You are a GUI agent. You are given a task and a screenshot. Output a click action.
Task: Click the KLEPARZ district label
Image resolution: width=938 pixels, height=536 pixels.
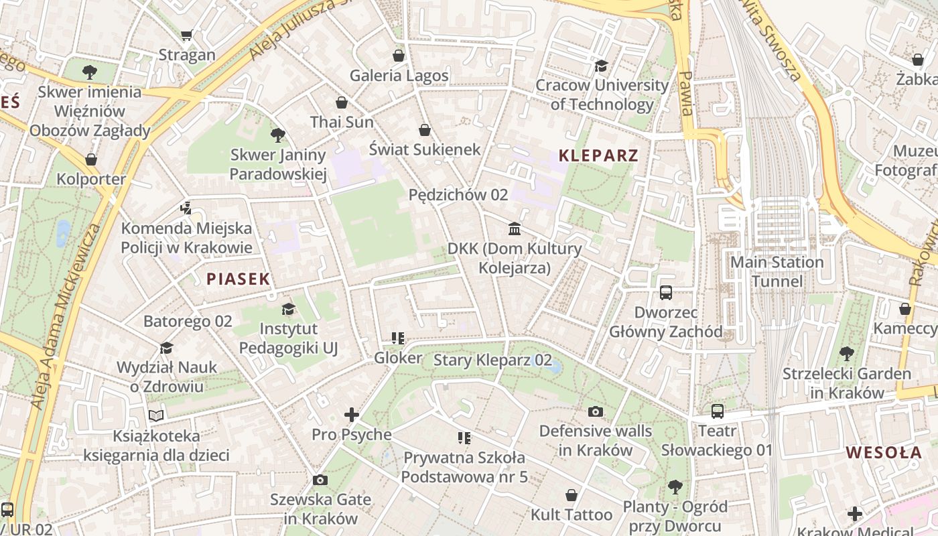tap(598, 156)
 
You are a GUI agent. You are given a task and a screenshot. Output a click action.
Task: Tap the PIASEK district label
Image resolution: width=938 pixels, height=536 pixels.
tap(238, 279)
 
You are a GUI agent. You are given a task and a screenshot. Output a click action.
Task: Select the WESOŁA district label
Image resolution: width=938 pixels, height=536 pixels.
tap(884, 452)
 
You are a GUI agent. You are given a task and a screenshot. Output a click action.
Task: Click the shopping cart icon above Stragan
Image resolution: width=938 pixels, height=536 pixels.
tap(187, 35)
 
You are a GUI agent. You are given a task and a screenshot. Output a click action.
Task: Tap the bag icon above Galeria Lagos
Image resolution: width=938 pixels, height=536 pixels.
tap(399, 56)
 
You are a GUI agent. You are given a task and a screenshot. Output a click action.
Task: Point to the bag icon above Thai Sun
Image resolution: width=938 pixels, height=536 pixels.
tap(342, 103)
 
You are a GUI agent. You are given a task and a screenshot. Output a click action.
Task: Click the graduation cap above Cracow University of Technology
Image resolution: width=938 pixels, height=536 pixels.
tap(601, 66)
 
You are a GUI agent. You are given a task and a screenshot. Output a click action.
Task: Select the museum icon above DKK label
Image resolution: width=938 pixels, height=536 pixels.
tap(515, 229)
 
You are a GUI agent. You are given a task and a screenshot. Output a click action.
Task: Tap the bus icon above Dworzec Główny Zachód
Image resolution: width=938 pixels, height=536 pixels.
tap(666, 293)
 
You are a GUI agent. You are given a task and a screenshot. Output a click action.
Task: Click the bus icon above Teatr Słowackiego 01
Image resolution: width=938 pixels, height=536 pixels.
tap(718, 411)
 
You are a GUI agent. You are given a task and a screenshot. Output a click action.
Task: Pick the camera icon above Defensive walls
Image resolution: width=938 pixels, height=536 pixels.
tap(596, 411)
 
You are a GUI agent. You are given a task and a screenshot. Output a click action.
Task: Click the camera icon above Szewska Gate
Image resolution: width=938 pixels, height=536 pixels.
tap(320, 480)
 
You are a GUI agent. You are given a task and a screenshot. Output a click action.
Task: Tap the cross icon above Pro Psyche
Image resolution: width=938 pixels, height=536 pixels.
tap(352, 415)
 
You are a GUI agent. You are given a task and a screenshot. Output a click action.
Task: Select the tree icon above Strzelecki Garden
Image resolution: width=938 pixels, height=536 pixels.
tap(847, 353)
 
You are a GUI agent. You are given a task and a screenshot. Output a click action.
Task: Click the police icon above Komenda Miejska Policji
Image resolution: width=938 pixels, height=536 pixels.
tap(186, 208)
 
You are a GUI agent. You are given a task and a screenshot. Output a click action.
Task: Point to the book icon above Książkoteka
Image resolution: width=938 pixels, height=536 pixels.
tap(156, 416)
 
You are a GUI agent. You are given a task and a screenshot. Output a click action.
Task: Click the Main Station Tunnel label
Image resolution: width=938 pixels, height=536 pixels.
tap(777, 271)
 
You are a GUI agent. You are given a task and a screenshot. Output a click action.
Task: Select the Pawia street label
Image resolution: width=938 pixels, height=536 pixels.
tap(686, 94)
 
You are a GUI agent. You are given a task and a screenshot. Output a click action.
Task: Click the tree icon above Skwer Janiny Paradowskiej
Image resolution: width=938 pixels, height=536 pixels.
tap(278, 135)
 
